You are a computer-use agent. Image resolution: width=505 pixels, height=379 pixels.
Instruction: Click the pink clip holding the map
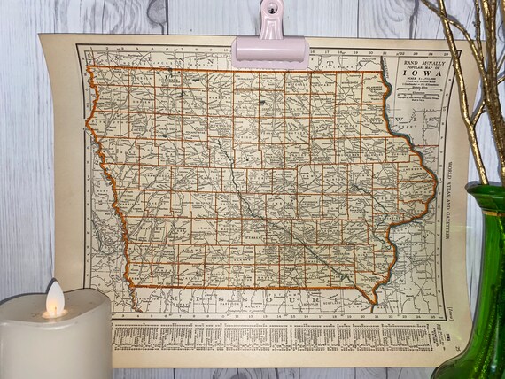(x=269, y=49)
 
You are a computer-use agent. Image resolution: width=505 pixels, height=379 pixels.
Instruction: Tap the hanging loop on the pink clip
(x=269, y=11)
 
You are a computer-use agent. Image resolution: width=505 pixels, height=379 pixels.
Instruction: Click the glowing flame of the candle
(x=54, y=299)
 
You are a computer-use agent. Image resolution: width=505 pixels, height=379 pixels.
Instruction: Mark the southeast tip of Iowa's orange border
(x=376, y=300)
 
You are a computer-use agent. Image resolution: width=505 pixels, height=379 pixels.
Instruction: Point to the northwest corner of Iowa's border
(x=89, y=66)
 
